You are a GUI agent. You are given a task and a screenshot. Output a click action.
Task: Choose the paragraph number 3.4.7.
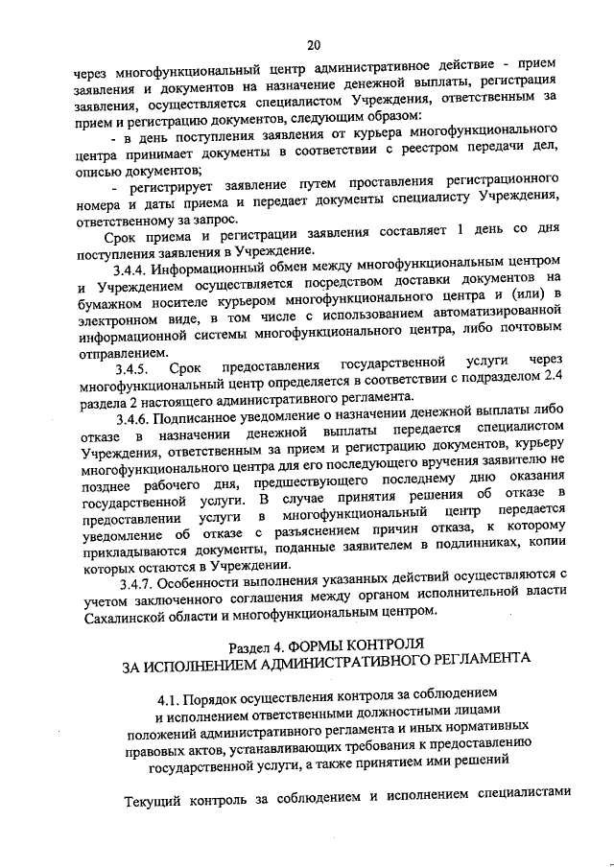[134, 584]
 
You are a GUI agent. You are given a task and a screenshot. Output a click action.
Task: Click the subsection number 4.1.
[170, 700]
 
